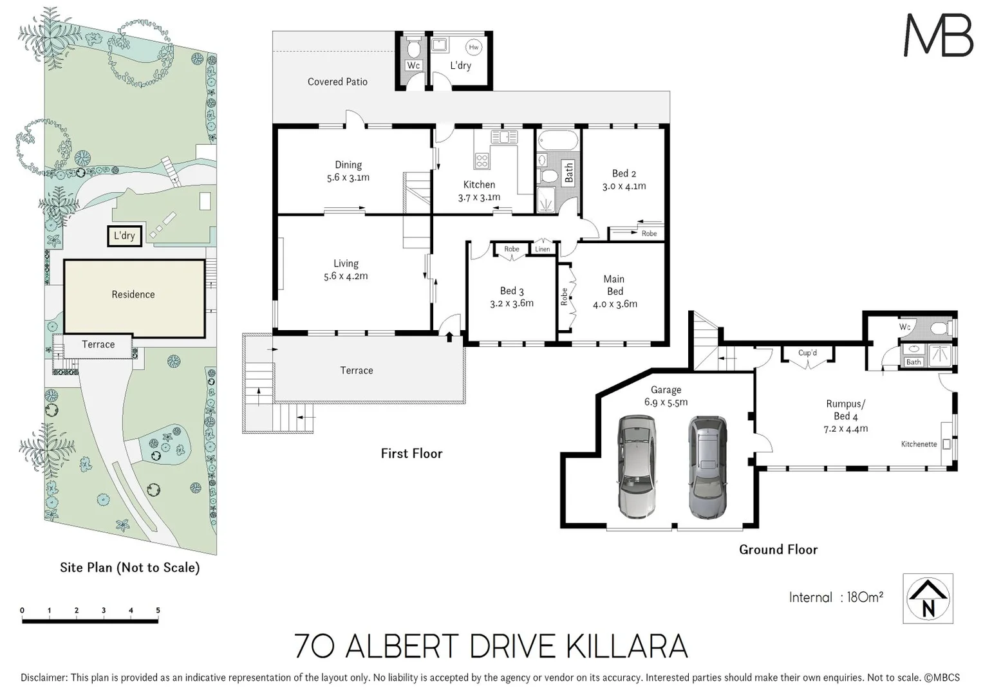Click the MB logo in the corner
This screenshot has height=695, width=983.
coord(938,36)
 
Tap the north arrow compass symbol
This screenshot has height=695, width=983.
coord(928,598)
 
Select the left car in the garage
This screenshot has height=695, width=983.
coord(637,467)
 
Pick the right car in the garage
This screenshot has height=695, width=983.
coord(707,467)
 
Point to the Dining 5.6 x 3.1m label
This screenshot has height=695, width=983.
coord(348,171)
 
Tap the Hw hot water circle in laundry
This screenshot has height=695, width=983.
coord(474,47)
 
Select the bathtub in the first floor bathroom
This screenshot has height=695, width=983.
coord(557,140)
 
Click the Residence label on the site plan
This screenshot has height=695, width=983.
coord(133,294)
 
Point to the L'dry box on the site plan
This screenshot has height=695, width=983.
coord(124,236)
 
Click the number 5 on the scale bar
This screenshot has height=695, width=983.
coord(158,610)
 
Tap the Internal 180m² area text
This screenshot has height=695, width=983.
coord(836,597)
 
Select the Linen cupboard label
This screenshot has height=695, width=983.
coord(543,249)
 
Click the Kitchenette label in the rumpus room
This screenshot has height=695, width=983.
coord(919,444)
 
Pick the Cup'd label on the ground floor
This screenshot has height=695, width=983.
coord(807,353)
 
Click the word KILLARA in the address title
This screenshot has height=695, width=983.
coord(627,647)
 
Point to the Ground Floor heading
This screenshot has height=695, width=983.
coord(778,550)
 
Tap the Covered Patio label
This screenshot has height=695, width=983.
coord(337,82)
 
